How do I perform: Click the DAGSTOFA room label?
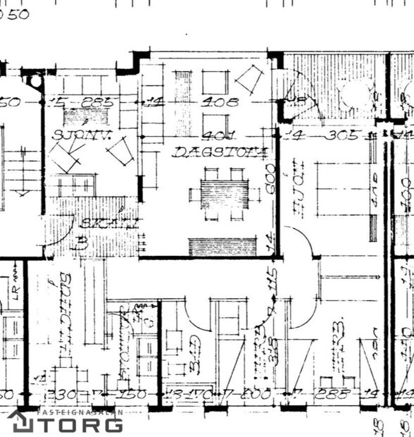(x=220, y=152)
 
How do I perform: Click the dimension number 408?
(x=220, y=102)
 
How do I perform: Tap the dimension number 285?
(x=96, y=102)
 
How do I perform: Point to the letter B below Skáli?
(x=82, y=245)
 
